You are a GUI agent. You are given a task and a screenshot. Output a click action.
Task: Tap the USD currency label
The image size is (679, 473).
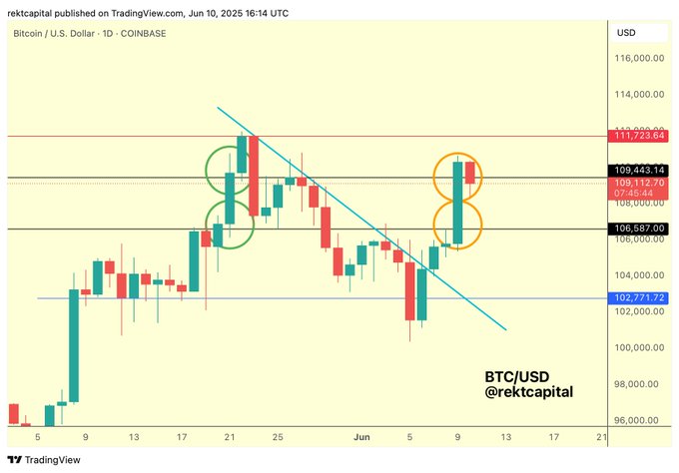tap(627, 33)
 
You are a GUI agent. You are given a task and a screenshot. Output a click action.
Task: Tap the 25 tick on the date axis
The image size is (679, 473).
tap(279, 436)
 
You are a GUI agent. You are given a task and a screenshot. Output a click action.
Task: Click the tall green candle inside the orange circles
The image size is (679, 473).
tap(458, 203)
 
